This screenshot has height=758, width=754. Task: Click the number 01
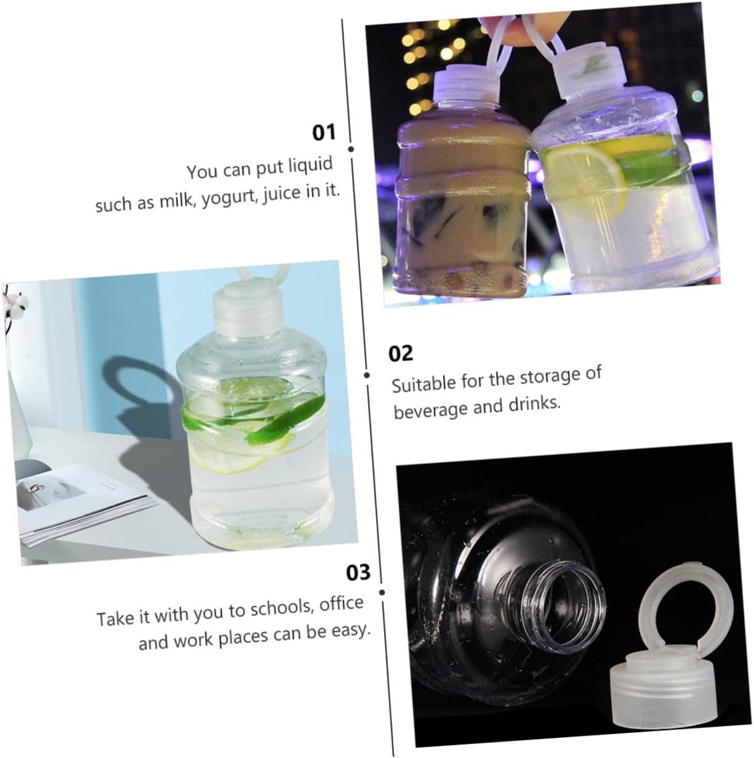click(324, 132)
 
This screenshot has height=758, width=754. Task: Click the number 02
click(401, 354)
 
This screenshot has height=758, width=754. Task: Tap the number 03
click(358, 572)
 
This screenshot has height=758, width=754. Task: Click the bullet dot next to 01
click(351, 149)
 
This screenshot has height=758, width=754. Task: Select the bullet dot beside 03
click(382, 592)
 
